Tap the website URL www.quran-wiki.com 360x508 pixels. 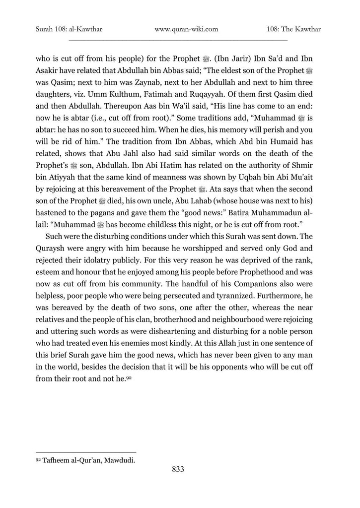point(187,29)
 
